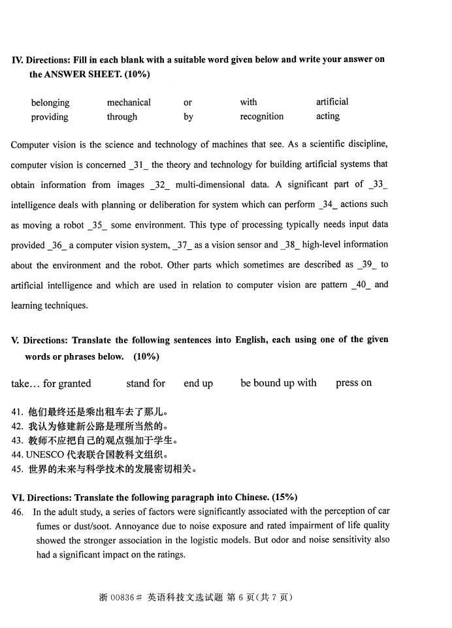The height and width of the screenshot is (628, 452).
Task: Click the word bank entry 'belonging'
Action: pos(50,102)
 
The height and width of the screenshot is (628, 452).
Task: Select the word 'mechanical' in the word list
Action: pos(129,102)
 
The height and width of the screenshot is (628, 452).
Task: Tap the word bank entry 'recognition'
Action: pos(261,117)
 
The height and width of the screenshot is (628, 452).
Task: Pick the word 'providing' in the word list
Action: pos(50,118)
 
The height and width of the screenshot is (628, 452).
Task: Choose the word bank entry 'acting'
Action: pos(327,116)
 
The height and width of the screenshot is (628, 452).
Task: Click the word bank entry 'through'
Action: pos(122,118)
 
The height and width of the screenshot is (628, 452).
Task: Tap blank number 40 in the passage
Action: pos(361,285)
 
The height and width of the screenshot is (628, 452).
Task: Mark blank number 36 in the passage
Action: pos(56,245)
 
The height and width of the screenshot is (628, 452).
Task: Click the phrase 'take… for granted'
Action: pos(51,384)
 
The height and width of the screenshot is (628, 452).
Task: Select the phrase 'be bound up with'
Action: pos(278,383)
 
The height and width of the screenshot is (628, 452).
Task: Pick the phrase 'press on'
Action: pos(353,383)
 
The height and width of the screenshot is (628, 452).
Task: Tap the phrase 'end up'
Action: pos(198,384)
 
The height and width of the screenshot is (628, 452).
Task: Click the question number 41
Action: pos(17,412)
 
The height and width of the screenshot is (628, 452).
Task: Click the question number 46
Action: pos(18,512)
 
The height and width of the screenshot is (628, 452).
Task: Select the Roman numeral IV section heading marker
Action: pos(17,60)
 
